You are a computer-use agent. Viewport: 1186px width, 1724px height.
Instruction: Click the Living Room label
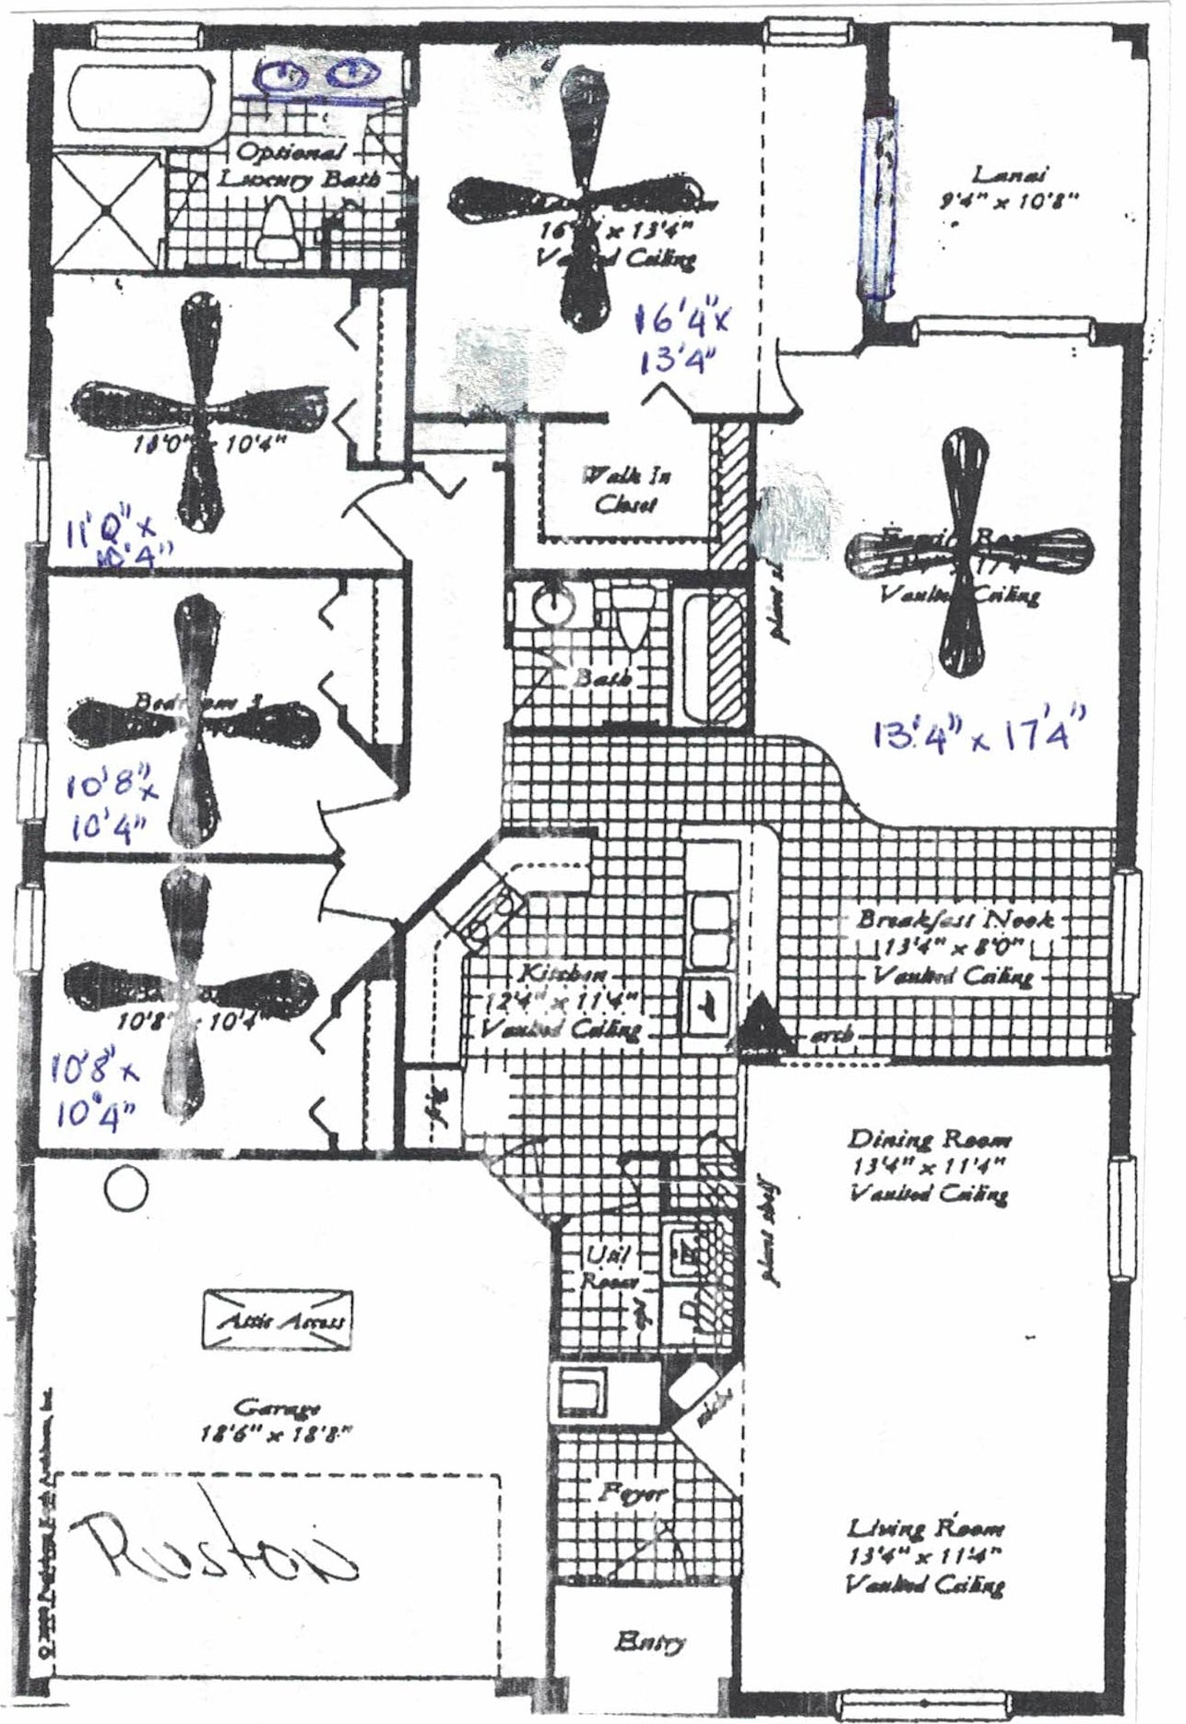pos(926,1528)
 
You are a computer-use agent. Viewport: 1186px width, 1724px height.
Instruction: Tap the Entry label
pos(650,1641)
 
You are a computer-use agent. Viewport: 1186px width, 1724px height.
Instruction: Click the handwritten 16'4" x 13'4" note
pos(682,339)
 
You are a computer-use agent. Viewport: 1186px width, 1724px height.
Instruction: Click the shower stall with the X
pos(106,209)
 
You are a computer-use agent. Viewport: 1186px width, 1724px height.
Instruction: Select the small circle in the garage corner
pos(126,1189)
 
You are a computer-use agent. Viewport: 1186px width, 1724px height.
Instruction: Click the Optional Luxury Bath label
pos(297,165)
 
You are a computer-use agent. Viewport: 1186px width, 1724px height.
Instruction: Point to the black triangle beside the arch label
pos(761,1025)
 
